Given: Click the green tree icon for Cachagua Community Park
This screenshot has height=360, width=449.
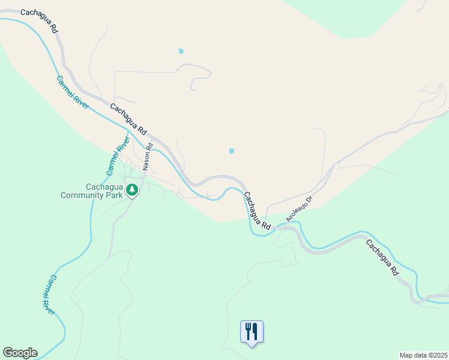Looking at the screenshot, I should tap(132, 190).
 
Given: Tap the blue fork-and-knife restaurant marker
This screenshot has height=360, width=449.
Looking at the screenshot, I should tap(252, 331).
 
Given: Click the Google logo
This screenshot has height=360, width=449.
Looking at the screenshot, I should tap(20, 353).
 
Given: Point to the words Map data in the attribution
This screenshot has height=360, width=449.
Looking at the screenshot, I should tap(412, 355).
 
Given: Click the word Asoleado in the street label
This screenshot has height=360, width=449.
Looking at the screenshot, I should tap(297, 211).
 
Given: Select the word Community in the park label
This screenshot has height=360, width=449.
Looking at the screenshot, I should tap(91, 194).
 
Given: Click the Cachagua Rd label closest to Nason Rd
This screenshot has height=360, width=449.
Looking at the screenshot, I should tap(128, 118).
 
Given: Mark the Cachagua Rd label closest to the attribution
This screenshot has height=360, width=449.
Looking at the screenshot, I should tap(382, 257).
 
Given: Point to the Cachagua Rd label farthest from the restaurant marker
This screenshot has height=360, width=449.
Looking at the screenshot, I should tap(39, 19).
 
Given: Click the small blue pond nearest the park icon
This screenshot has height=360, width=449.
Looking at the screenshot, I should tap(232, 151).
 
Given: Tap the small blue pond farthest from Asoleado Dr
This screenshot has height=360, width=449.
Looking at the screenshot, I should tap(181, 51).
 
